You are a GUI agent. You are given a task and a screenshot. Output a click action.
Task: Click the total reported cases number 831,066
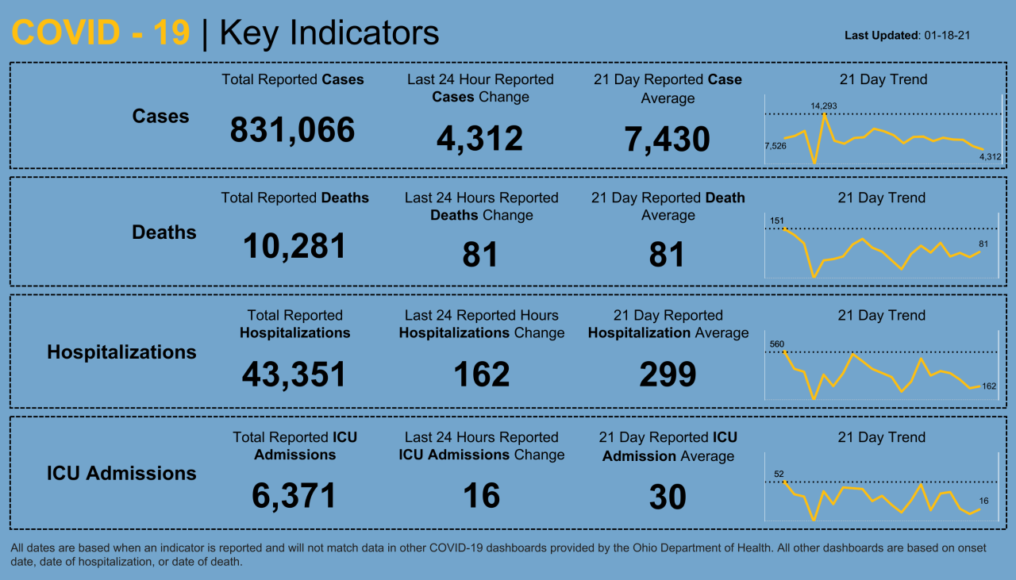click(292, 130)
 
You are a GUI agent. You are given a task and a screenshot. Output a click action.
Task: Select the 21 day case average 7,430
click(667, 140)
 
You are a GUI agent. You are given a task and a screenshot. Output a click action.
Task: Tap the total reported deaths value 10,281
click(294, 247)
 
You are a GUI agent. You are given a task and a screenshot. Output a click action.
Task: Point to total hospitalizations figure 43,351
click(294, 375)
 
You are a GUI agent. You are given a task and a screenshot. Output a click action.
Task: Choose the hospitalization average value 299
click(668, 375)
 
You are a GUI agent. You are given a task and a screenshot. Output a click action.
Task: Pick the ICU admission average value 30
click(668, 497)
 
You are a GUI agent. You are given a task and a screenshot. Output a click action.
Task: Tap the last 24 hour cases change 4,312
click(479, 139)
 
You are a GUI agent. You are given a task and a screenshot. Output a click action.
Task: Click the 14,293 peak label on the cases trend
click(823, 106)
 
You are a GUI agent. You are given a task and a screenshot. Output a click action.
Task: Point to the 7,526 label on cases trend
click(775, 146)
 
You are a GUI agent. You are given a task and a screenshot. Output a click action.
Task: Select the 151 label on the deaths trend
click(777, 220)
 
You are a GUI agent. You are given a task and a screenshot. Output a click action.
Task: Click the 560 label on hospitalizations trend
click(777, 344)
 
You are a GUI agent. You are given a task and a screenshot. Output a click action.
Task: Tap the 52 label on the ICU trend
click(779, 474)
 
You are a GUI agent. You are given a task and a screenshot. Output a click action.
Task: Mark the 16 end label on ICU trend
click(983, 501)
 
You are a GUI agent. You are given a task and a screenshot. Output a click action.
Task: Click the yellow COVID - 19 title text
click(101, 33)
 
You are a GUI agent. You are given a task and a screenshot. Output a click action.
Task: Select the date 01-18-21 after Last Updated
click(948, 36)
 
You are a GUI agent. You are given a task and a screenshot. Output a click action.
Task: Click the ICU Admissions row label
click(121, 474)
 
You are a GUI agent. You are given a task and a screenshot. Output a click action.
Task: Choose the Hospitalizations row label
click(121, 352)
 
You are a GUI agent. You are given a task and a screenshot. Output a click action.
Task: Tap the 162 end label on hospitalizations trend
click(989, 386)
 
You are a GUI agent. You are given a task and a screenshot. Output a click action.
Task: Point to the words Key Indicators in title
click(329, 33)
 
